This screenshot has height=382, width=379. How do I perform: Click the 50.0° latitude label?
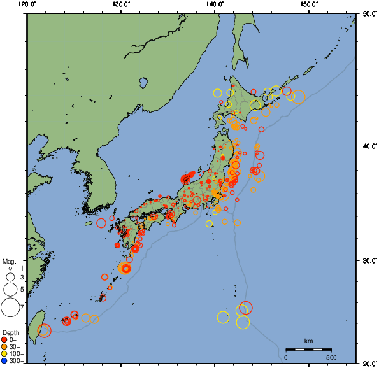[368, 13]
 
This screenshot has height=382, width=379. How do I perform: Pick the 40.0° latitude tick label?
[368, 146]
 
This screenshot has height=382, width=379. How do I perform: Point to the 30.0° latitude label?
[368, 260]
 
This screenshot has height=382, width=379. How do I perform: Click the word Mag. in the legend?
[9, 262]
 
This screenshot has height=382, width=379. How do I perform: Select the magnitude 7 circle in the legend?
[10, 308]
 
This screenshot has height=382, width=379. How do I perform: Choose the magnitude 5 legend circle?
[10, 289]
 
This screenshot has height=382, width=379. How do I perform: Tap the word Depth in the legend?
[10, 332]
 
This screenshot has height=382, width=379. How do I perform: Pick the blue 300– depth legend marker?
[6, 361]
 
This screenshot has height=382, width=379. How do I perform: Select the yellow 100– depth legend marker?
[6, 353]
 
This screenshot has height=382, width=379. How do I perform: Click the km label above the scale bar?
[308, 341]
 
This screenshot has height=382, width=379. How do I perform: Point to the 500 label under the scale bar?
[331, 357]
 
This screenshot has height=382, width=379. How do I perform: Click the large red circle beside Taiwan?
[44, 330]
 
